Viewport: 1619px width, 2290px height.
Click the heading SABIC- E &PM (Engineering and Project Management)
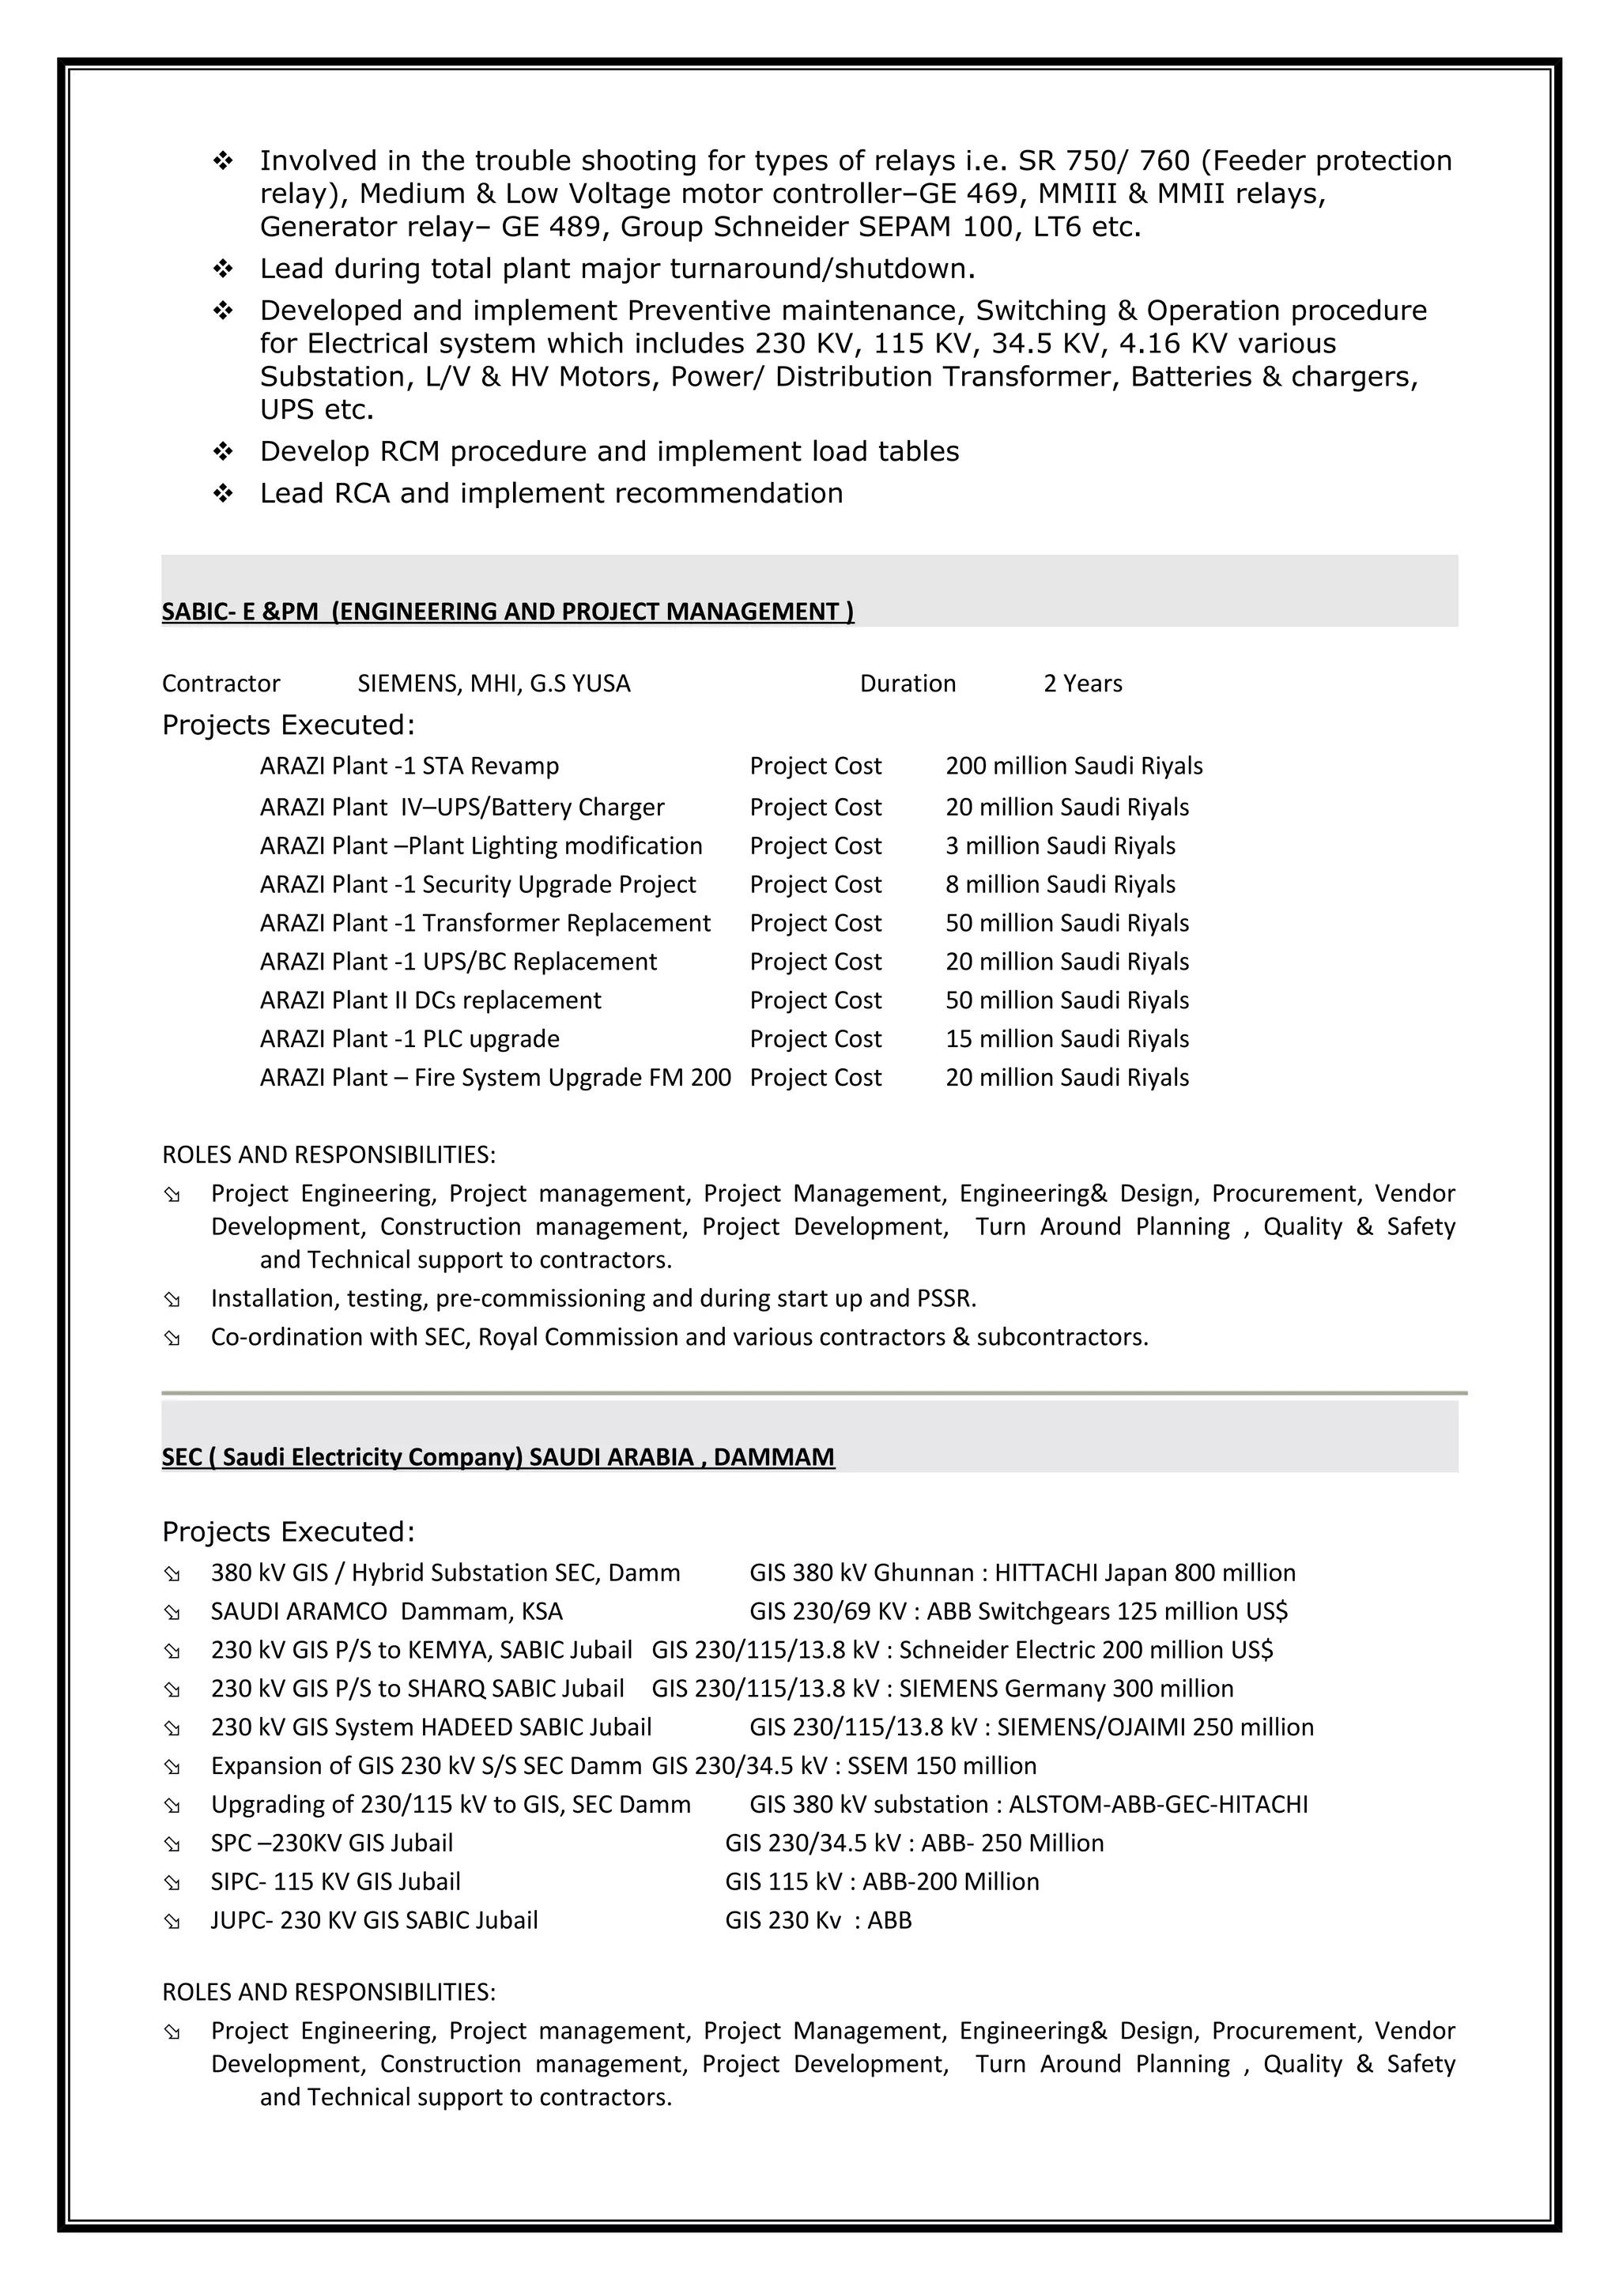(507, 612)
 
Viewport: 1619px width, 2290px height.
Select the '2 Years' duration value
(1082, 684)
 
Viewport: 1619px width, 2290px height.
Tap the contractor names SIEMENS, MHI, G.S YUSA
(494, 684)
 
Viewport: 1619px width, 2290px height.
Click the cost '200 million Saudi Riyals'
(1074, 766)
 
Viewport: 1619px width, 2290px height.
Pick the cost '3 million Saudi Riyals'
(1059, 846)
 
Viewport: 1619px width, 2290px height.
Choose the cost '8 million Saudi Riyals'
(1059, 885)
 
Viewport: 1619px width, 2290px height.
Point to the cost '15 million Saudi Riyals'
(1066, 1039)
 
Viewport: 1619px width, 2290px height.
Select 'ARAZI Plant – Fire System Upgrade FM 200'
(495, 1078)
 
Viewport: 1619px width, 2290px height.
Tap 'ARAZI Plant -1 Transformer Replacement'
(485, 924)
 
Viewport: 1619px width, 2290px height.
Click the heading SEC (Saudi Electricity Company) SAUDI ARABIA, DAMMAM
(498, 1457)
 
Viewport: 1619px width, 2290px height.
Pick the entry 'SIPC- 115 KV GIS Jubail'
(335, 1882)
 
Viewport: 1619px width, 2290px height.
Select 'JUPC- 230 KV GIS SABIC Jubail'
(374, 1921)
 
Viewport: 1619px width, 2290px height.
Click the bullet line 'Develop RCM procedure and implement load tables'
(609, 452)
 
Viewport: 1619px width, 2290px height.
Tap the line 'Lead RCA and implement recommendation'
(551, 494)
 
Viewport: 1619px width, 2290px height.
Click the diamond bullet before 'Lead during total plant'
(224, 269)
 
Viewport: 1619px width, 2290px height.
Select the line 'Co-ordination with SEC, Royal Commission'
(678, 1338)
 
